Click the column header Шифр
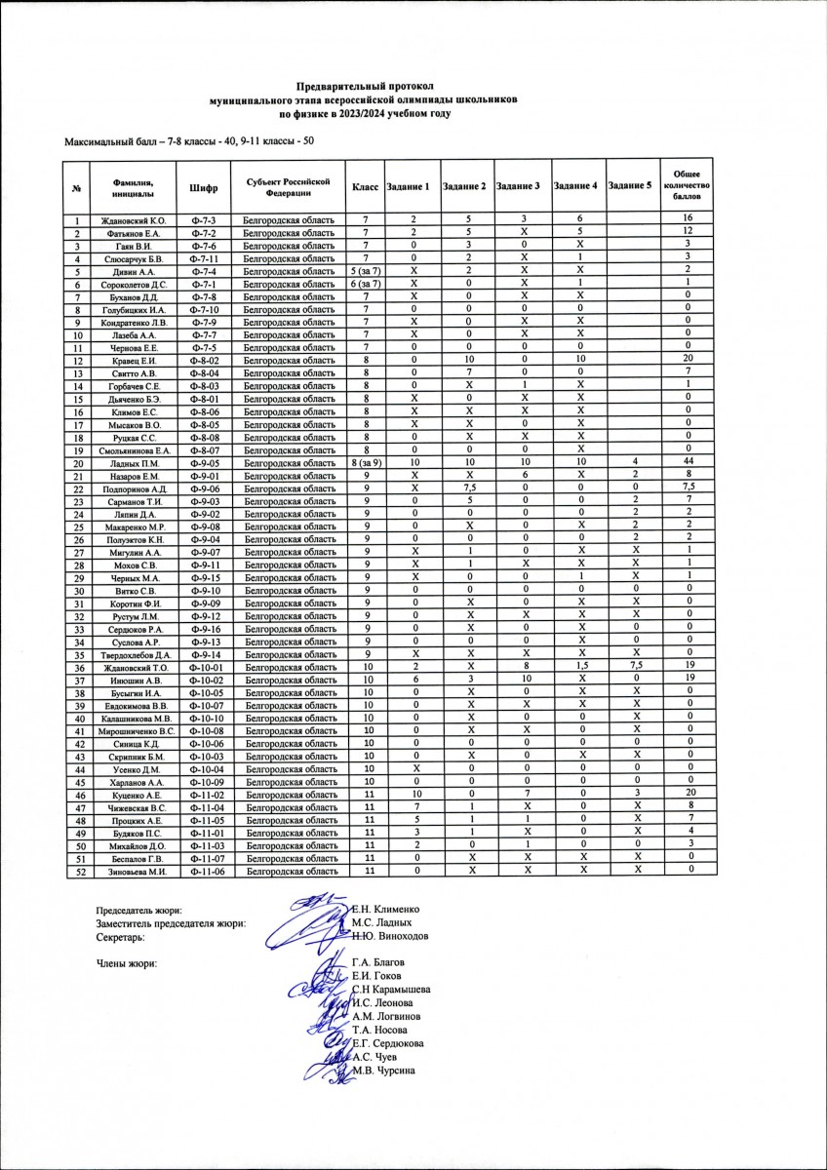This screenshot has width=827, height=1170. (204, 185)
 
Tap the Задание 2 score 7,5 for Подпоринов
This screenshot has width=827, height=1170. (465, 487)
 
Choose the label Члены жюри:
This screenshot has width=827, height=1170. (127, 964)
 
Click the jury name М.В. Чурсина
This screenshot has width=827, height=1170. (385, 1071)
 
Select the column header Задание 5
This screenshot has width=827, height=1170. (629, 185)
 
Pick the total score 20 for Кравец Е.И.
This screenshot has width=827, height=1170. (688, 360)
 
